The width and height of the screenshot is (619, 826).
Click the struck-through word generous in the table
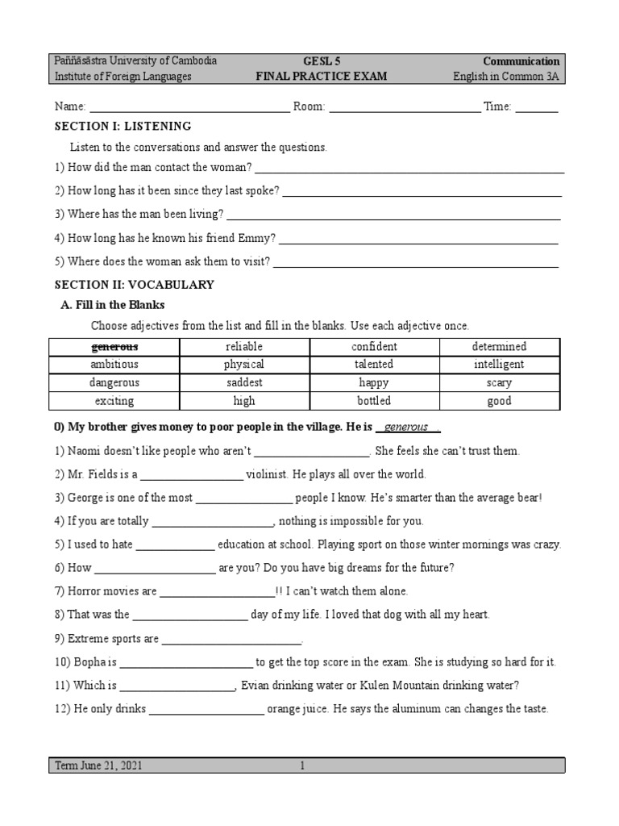click(114, 347)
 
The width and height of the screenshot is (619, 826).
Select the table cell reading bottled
click(373, 401)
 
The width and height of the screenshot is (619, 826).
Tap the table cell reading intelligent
click(499, 365)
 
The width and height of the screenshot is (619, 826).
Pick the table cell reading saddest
click(243, 382)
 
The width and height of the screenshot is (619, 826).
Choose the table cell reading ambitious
click(114, 365)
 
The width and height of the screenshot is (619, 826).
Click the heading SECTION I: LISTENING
click(123, 127)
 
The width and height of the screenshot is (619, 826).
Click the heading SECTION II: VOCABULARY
click(134, 285)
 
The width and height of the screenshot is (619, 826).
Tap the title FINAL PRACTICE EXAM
click(321, 77)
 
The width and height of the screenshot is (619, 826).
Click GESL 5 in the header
click(321, 61)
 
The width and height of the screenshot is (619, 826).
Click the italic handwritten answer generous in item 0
click(406, 427)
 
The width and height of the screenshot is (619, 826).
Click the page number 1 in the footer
click(301, 766)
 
